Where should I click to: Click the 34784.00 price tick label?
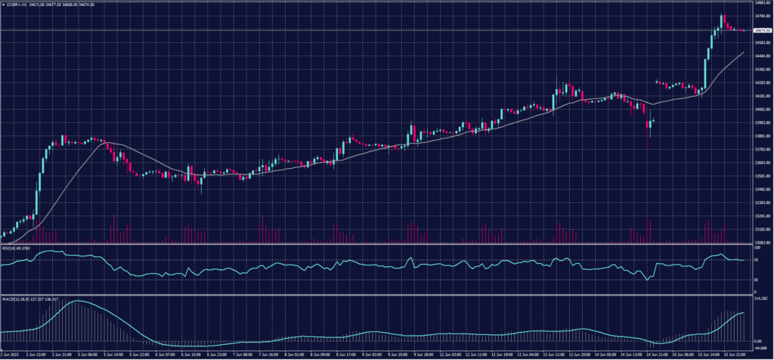point(760,15)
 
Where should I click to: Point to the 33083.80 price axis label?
point(760,243)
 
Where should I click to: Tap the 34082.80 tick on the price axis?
point(760,110)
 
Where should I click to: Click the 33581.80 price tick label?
point(760,176)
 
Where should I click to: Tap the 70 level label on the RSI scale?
point(757,260)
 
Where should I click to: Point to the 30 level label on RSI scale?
point(757,279)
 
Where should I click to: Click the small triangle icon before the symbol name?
point(3,5)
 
